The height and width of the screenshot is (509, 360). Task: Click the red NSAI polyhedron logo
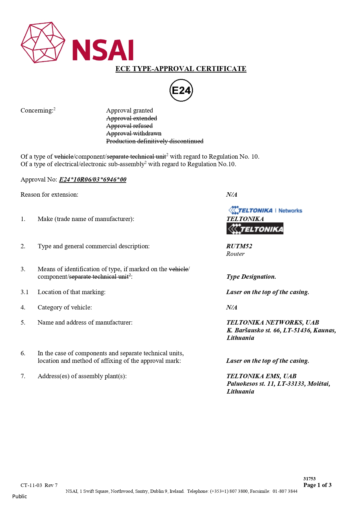click(x=43, y=42)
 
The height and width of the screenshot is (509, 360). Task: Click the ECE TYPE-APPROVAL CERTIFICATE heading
click(x=181, y=69)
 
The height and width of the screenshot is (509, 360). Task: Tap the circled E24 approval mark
click(x=181, y=90)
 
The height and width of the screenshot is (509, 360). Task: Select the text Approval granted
click(x=129, y=111)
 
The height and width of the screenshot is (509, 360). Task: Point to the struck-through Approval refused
click(x=129, y=126)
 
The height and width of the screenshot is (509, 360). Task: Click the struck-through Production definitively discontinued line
click(x=155, y=141)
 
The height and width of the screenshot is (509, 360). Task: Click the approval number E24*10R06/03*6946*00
click(x=93, y=180)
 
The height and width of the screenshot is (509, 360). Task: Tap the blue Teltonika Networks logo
click(x=265, y=210)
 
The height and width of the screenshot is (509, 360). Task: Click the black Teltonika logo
click(x=255, y=229)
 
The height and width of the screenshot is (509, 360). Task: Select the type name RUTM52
click(x=239, y=246)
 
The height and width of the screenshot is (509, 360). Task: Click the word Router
click(x=235, y=254)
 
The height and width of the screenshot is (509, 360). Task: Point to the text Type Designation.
click(x=251, y=277)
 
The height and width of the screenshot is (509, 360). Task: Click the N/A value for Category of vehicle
click(x=231, y=307)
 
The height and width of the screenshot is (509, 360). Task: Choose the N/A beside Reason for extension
click(x=231, y=195)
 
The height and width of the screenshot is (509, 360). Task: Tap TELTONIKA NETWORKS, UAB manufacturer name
click(x=273, y=323)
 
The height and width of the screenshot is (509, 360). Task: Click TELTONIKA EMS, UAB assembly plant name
click(x=261, y=376)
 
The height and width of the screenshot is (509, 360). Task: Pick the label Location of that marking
click(x=71, y=292)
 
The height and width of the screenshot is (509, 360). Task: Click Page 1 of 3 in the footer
click(x=317, y=485)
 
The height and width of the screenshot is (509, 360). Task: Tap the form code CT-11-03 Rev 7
click(x=39, y=485)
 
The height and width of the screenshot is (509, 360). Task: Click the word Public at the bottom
click(x=19, y=496)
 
